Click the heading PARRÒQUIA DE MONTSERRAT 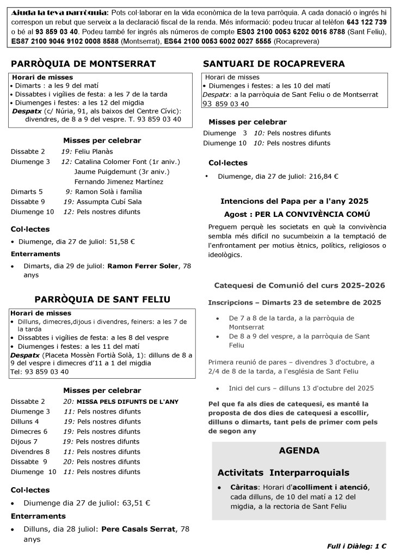coord(83,64)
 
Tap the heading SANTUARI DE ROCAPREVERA coord(274,64)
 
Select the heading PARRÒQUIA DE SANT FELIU coord(102,299)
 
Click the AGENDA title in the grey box coord(299,451)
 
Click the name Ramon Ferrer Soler coord(143,266)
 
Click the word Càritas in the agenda coord(243,487)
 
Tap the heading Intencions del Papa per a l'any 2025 coord(294,201)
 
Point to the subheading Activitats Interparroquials coord(283,472)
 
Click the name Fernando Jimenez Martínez coord(119,181)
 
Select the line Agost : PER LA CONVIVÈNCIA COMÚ coord(297,214)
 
